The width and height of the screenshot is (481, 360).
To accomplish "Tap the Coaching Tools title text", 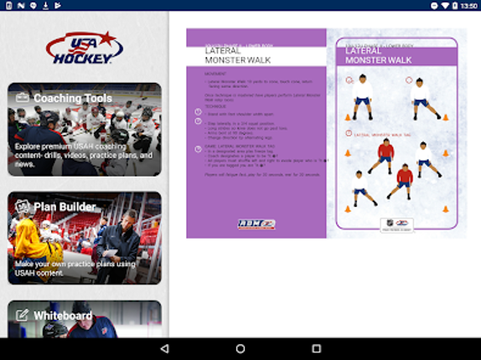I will click(72, 98).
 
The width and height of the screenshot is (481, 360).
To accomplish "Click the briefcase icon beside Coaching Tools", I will click(22, 98).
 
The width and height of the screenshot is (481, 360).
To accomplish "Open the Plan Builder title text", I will click(64, 207).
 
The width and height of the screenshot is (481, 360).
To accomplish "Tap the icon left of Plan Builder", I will click(22, 207).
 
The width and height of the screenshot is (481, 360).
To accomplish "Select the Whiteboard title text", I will click(63, 316).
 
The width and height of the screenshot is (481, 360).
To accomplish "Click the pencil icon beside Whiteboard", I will click(22, 316).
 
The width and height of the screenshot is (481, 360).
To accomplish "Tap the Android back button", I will click(164, 348).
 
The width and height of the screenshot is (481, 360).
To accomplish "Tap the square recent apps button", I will click(317, 348).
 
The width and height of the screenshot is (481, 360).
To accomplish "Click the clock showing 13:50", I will click(469, 6).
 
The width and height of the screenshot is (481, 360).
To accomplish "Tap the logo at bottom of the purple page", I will click(256, 224).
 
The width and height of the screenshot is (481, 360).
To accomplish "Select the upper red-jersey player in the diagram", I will click(385, 155).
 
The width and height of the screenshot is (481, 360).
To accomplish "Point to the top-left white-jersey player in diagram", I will click(361, 90).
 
